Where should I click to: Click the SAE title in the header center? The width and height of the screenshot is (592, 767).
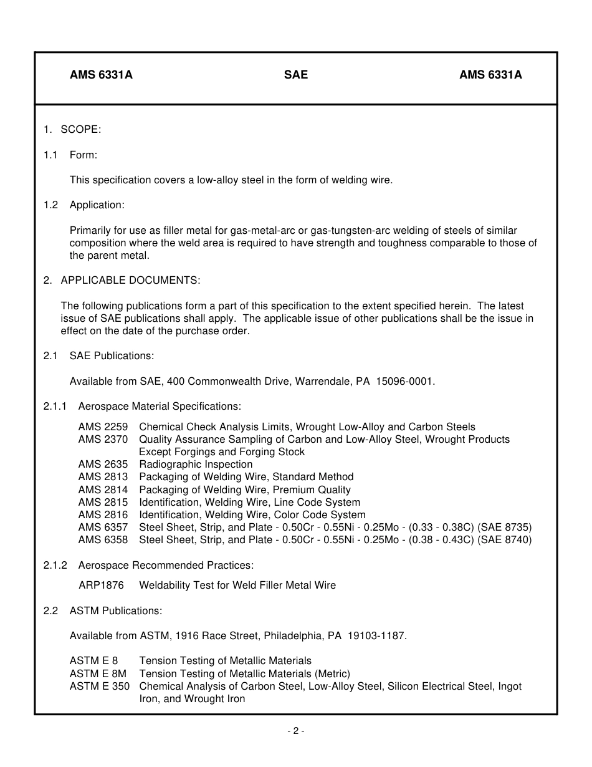[296, 75]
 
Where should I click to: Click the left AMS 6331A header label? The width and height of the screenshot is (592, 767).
[101, 75]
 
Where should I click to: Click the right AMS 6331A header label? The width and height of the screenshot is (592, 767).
[490, 75]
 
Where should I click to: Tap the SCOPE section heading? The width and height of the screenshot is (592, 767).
[80, 130]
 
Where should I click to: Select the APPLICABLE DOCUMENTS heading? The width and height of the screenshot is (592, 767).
[130, 281]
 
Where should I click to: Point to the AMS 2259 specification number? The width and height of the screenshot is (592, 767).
[103, 427]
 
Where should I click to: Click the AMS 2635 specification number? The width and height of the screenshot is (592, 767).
[103, 465]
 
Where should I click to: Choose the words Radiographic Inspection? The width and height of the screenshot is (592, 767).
[196, 465]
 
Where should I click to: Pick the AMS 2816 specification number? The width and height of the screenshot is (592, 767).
[103, 515]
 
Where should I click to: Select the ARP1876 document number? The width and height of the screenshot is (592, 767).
[101, 586]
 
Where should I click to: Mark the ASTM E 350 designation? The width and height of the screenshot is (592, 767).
[100, 687]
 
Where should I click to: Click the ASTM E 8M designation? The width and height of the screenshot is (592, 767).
[98, 674]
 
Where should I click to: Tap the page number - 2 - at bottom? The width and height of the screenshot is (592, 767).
[296, 731]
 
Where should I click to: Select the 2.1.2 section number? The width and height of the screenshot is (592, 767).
[55, 566]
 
